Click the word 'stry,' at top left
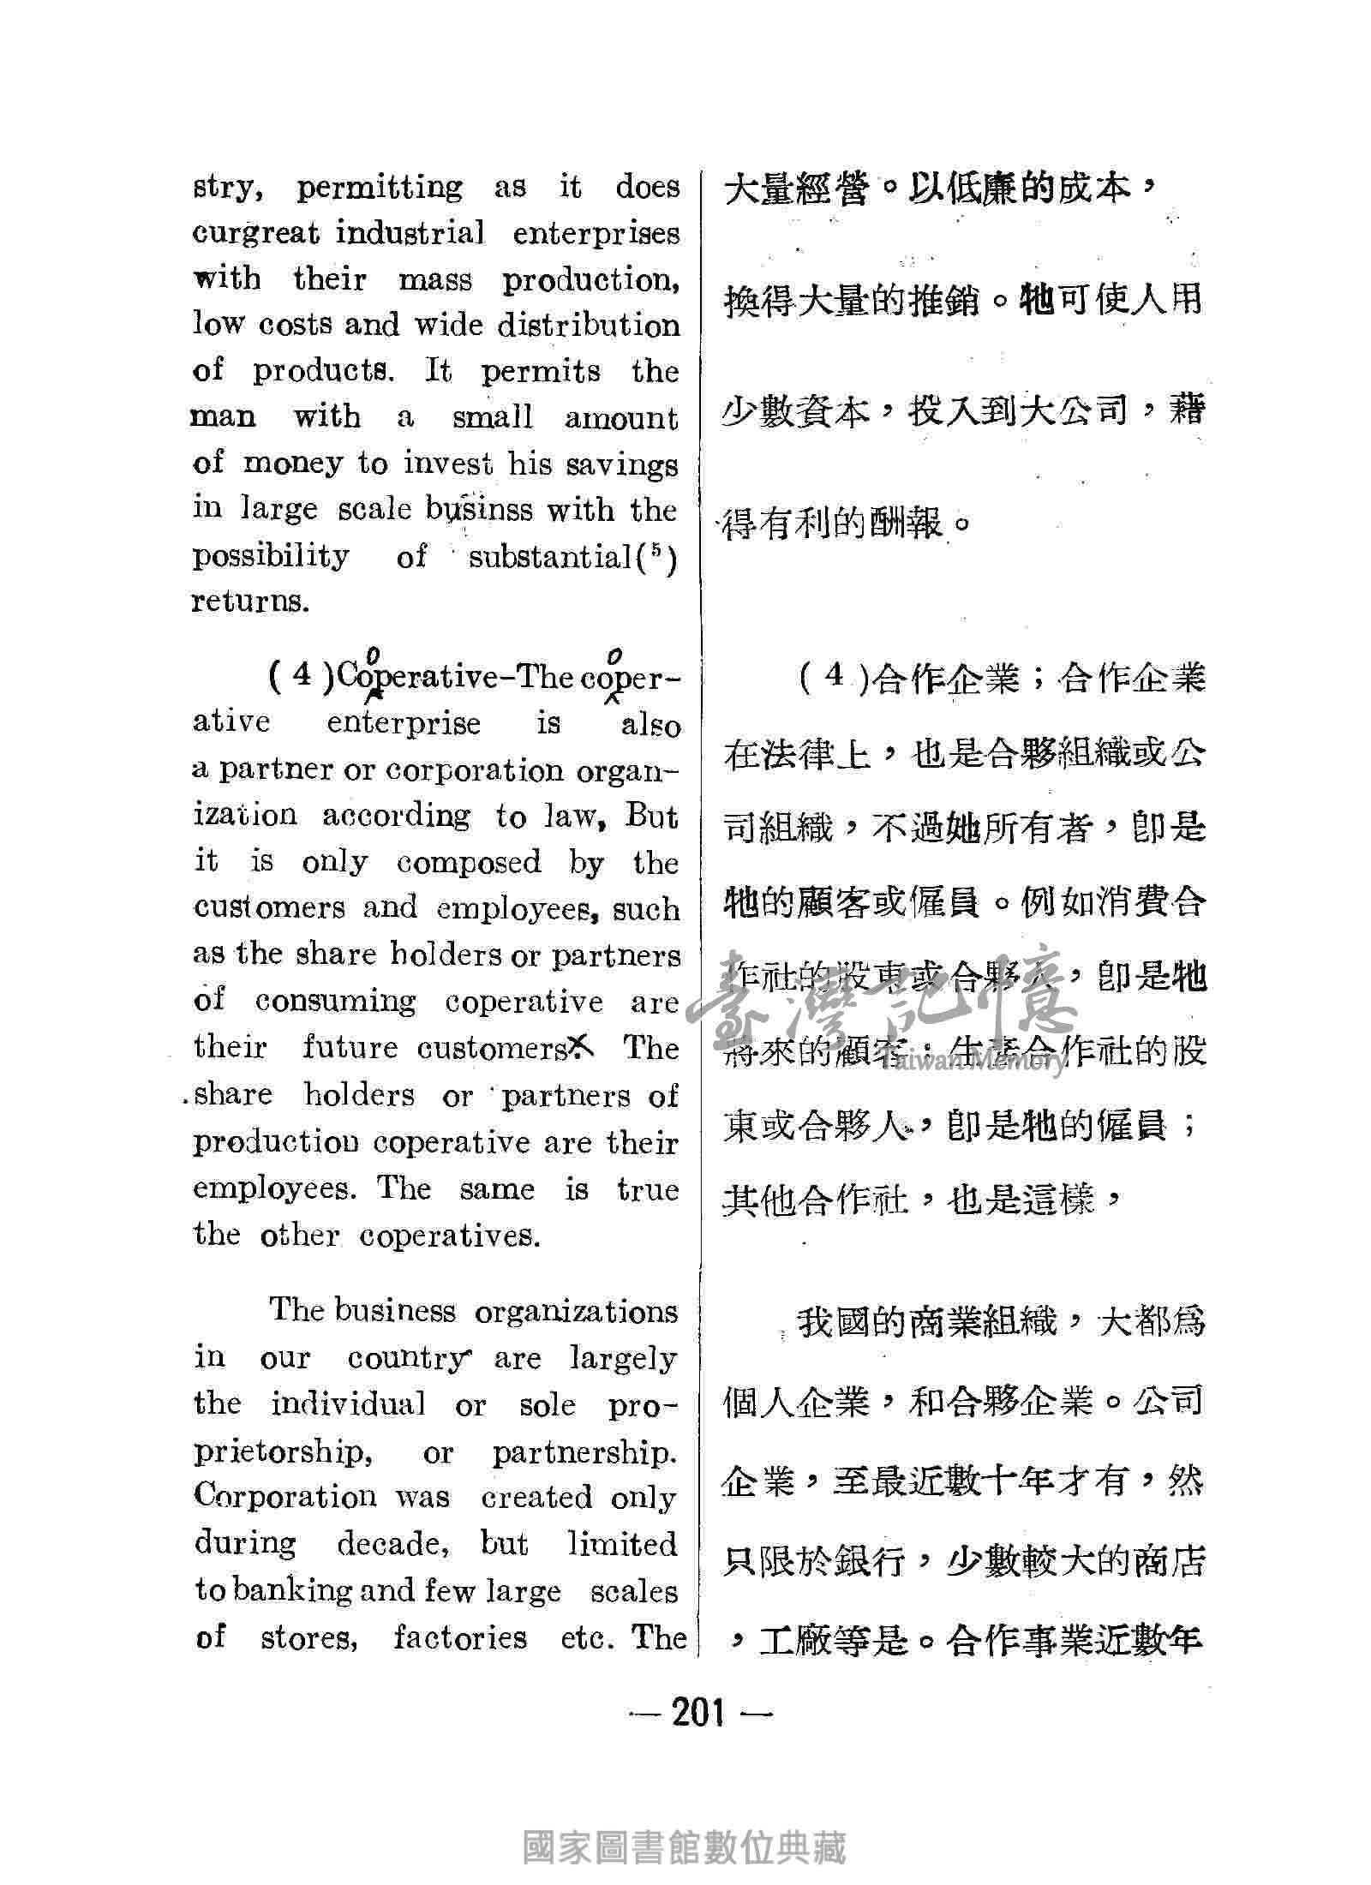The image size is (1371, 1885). (225, 188)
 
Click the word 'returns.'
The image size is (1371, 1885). (248, 601)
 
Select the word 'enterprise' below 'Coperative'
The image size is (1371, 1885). (404, 723)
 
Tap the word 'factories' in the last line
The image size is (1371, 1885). (460, 1638)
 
